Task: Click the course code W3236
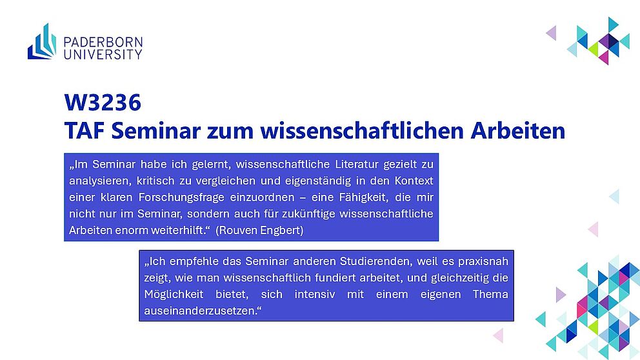[103, 102]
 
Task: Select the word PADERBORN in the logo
[103, 42]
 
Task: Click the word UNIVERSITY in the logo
[103, 54]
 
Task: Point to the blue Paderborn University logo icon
[42, 41]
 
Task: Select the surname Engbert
[282, 230]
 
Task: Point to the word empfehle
[188, 261]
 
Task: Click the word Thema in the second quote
[490, 294]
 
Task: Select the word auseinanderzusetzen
[202, 310]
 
